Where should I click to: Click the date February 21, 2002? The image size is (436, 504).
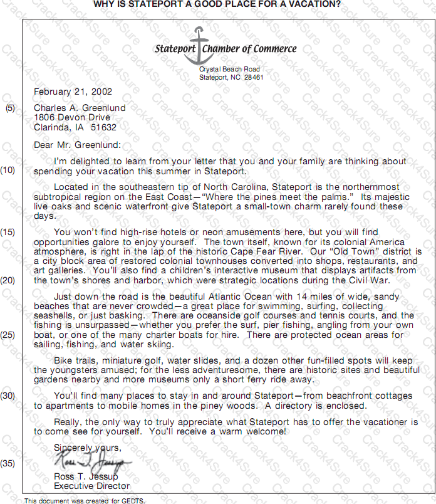[73, 92]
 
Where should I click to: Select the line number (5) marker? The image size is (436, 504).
[11, 108]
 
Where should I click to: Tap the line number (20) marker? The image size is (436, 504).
[8, 280]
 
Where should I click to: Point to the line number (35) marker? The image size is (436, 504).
[8, 464]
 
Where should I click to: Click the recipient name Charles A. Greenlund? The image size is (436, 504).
[80, 108]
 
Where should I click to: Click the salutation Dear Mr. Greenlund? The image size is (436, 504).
[77, 145]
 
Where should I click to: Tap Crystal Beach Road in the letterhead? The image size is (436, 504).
[229, 69]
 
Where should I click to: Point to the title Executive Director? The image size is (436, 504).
[91, 486]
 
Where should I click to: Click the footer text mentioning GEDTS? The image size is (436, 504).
[85, 500]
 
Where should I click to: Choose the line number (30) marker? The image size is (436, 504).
[8, 396]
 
